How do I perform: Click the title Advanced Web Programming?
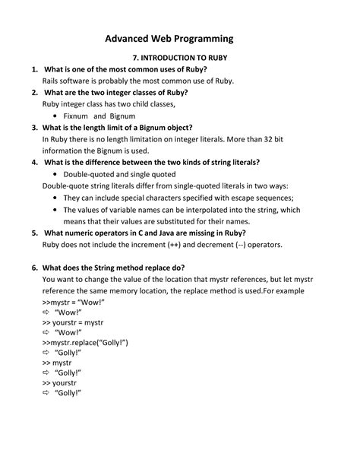pos(169,39)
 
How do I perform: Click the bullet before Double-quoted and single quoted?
pos(56,174)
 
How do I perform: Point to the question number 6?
pos(35,268)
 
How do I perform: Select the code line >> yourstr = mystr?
pos(77,323)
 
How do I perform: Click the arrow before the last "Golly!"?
pos(46,393)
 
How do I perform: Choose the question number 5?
pos(35,233)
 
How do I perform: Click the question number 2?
pos(35,92)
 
